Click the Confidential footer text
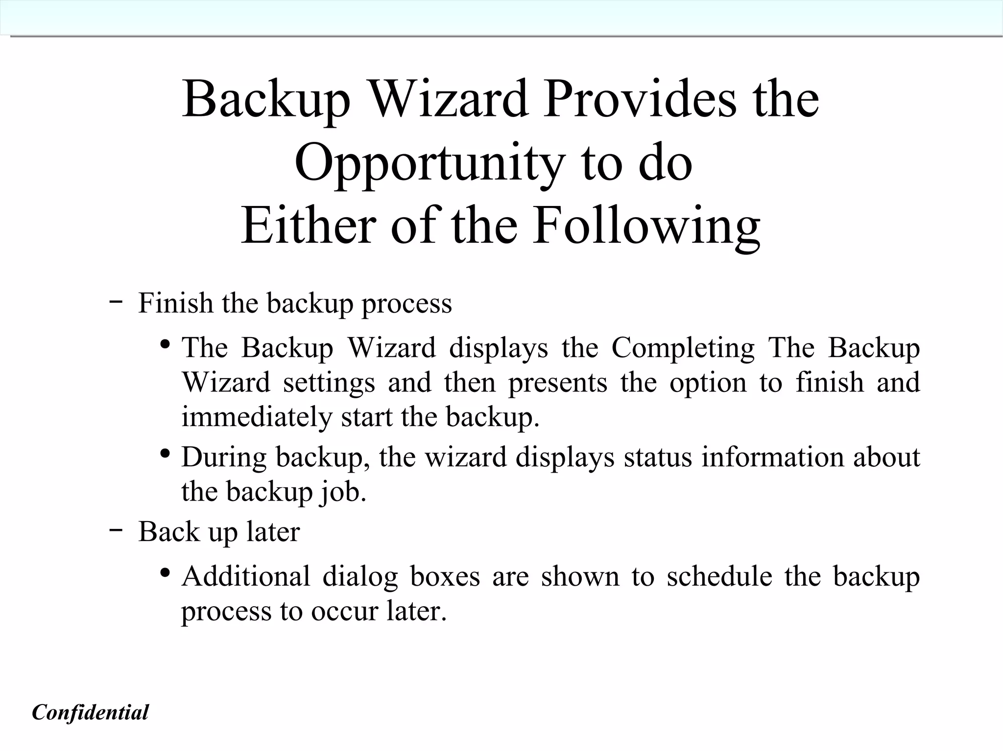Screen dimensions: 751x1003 pos(90,712)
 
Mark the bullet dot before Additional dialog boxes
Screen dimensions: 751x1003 pos(165,572)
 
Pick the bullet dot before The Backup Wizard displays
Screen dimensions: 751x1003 pos(165,344)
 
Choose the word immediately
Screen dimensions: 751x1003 pos(257,417)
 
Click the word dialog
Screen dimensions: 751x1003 pos(360,576)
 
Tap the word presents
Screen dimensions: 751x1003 pos(557,383)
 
